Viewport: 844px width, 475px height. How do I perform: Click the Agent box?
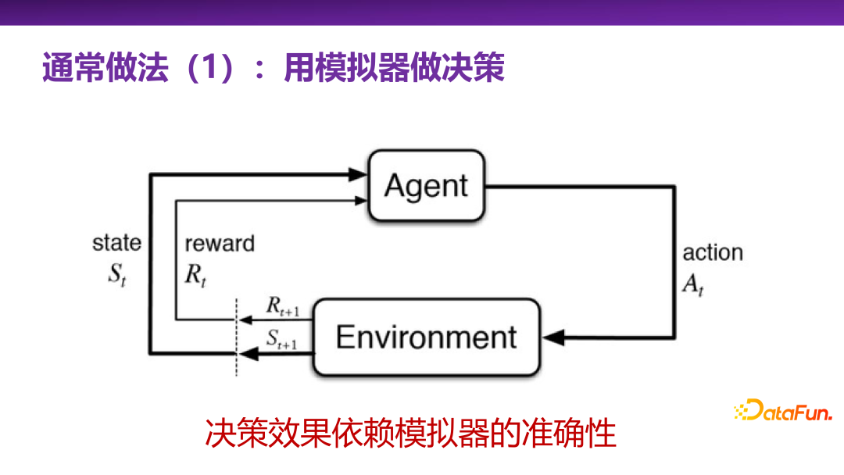point(426,186)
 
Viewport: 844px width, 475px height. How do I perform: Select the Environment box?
point(426,337)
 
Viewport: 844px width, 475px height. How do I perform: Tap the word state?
point(117,242)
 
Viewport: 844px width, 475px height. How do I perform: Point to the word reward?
point(220,244)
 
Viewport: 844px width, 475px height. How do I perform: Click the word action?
point(713,253)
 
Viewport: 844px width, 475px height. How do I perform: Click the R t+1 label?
point(282,307)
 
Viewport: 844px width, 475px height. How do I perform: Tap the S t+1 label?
point(282,339)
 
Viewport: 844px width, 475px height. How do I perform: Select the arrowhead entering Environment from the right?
point(553,337)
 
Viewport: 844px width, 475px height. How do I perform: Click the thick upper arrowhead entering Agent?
point(359,175)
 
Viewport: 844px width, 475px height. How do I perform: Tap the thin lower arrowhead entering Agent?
point(360,200)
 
